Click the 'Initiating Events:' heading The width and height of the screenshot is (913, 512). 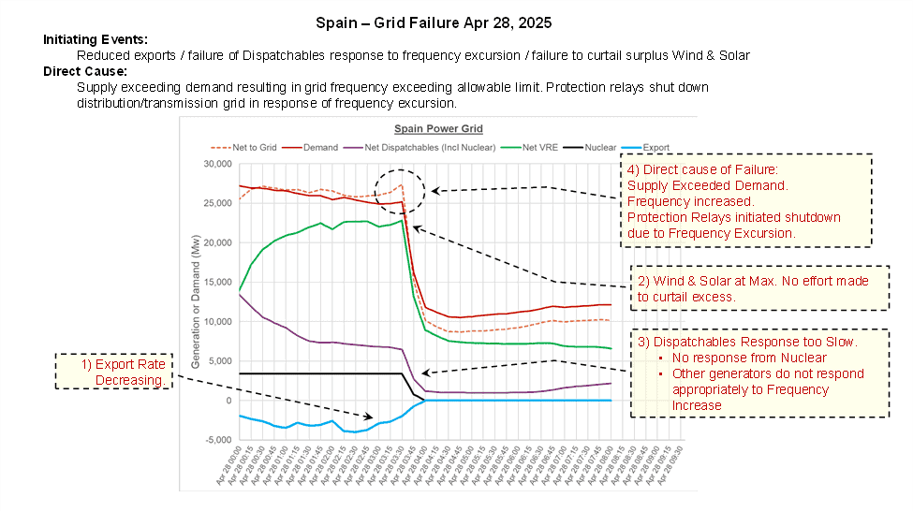click(96, 40)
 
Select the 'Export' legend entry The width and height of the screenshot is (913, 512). click(666, 148)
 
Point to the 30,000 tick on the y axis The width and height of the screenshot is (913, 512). click(216, 164)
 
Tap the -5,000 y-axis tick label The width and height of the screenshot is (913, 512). click(217, 440)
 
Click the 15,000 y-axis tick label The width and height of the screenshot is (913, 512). click(216, 282)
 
